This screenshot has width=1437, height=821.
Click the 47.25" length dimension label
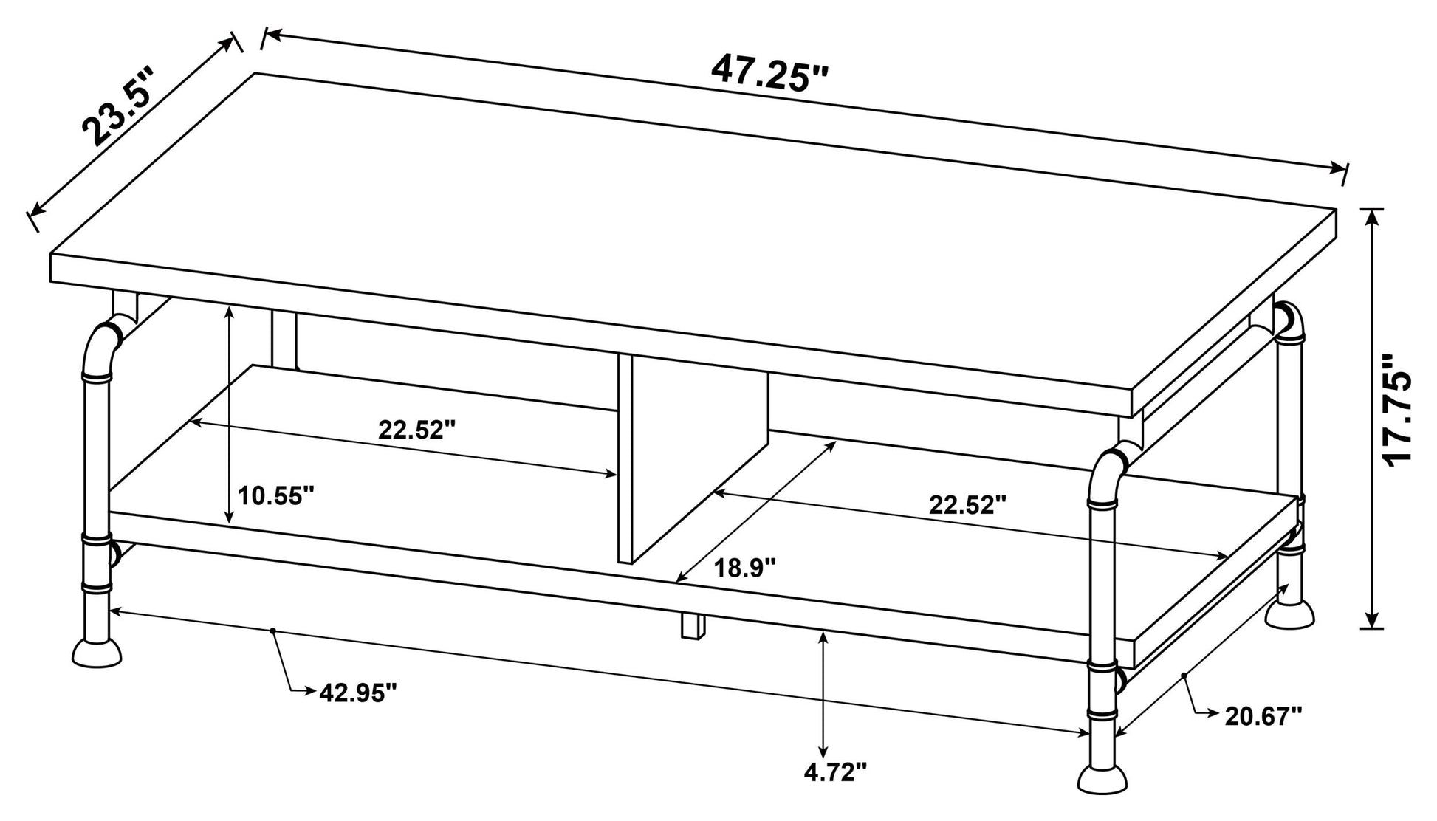(x=770, y=73)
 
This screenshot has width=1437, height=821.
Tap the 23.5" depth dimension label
(x=118, y=106)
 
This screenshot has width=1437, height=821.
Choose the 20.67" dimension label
(x=1263, y=715)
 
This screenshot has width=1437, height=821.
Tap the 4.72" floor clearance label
(x=834, y=772)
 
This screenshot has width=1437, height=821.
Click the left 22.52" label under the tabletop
(x=418, y=429)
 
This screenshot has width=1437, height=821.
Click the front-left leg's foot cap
(x=97, y=653)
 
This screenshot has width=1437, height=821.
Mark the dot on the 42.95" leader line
(x=274, y=631)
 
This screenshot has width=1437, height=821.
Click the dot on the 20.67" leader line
(x=1183, y=675)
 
